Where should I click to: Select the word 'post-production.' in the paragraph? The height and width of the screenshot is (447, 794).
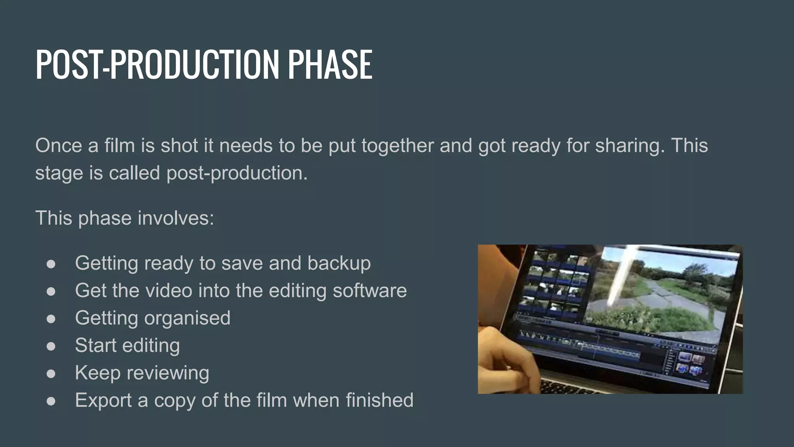click(237, 173)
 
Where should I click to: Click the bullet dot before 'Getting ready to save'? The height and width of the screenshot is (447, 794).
click(51, 264)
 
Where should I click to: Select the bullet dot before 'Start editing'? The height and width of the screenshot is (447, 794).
click(51, 346)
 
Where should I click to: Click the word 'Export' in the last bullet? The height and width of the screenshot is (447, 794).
click(103, 400)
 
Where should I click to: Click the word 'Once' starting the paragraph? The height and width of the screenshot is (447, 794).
click(59, 146)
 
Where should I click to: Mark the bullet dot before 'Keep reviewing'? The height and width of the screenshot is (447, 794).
click(51, 374)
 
